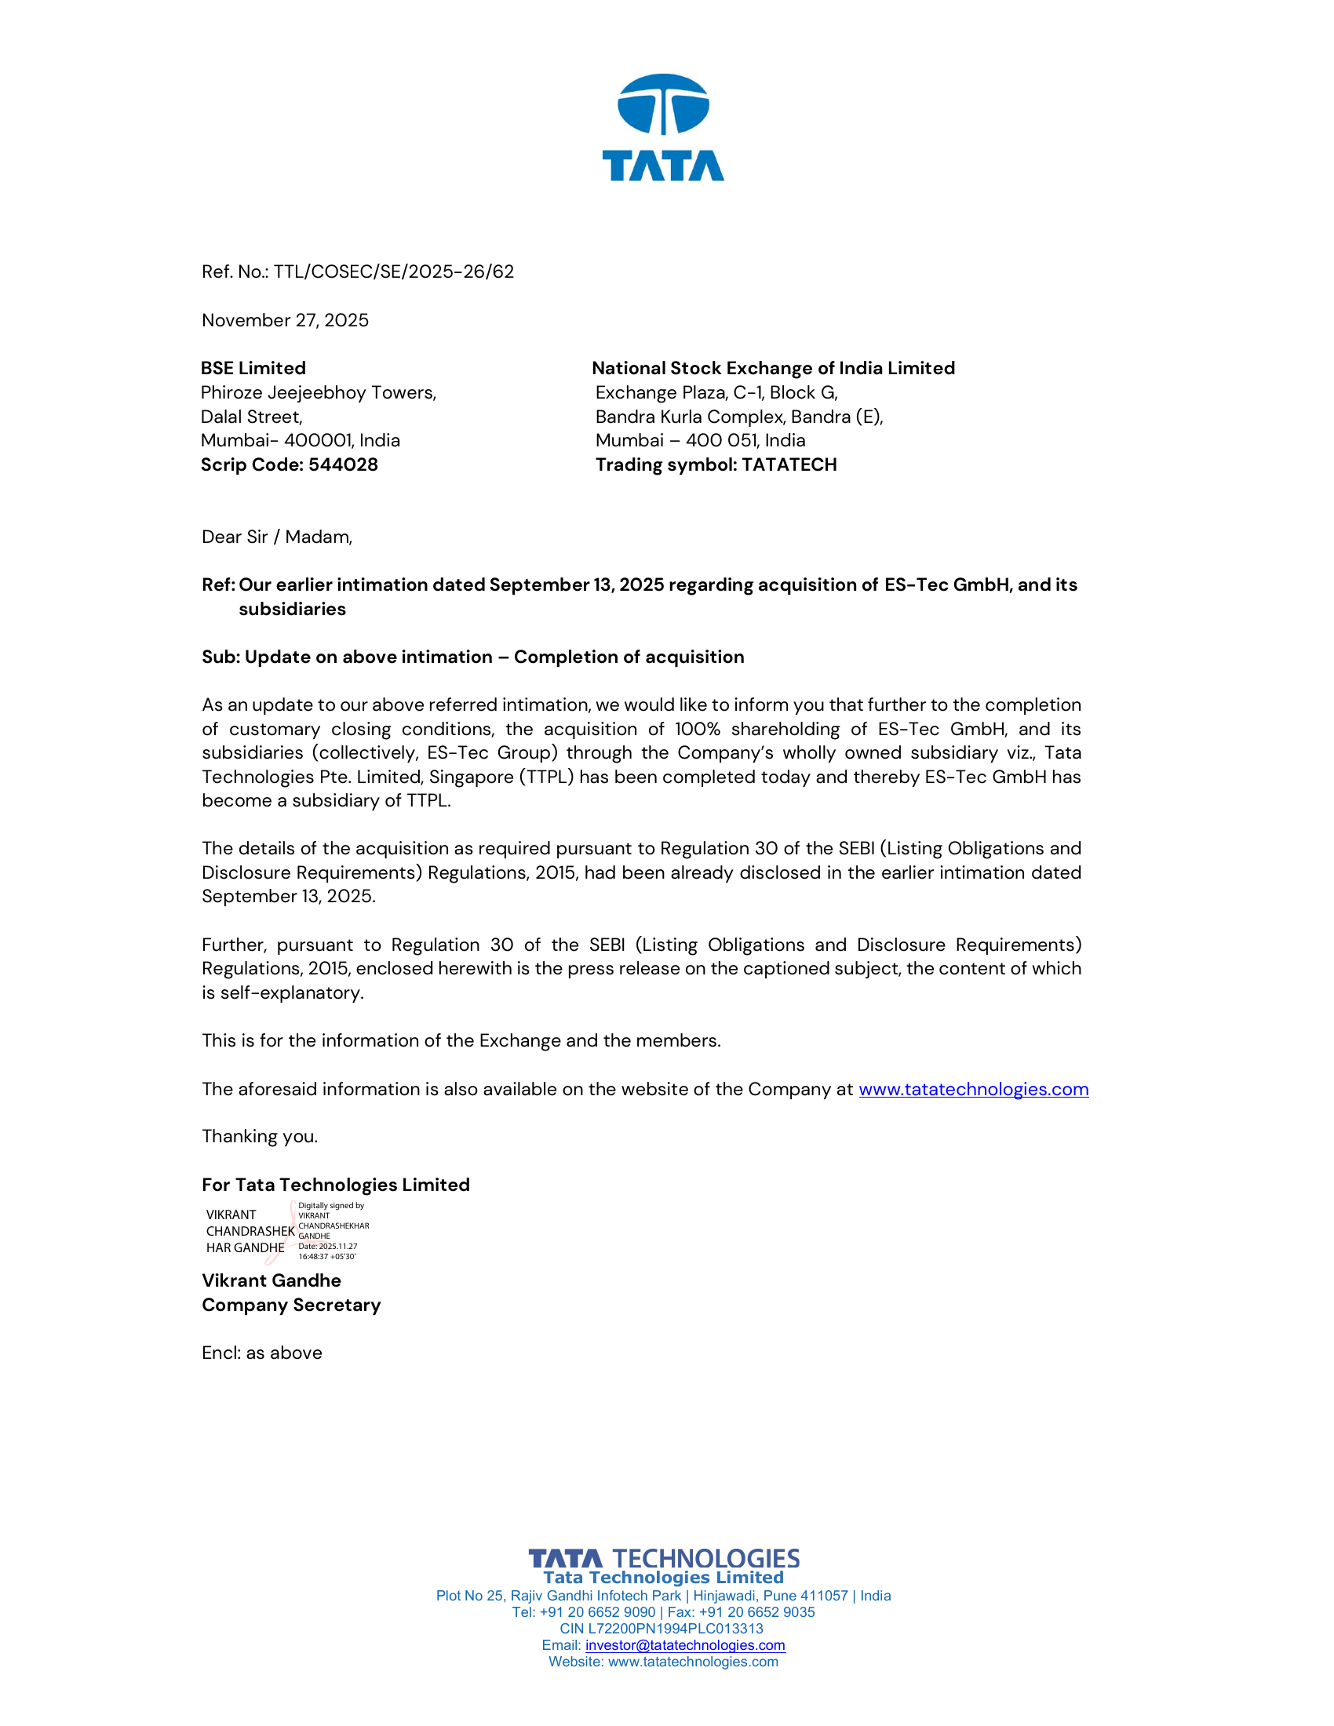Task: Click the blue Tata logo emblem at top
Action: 663,104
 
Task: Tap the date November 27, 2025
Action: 286,320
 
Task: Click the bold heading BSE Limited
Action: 253,368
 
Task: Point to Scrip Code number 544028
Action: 343,464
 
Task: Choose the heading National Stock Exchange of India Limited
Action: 773,368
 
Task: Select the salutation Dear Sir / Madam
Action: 276,537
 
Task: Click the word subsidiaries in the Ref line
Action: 293,610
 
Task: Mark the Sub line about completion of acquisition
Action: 472,657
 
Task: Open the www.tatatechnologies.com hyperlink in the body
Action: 973,1089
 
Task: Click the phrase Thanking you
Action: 259,1137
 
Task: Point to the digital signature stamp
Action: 288,1231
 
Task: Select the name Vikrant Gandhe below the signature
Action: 271,1281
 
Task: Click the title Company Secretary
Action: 291,1305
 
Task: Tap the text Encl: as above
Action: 261,1353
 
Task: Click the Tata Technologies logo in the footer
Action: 663,1558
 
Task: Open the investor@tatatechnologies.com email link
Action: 684,1645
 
